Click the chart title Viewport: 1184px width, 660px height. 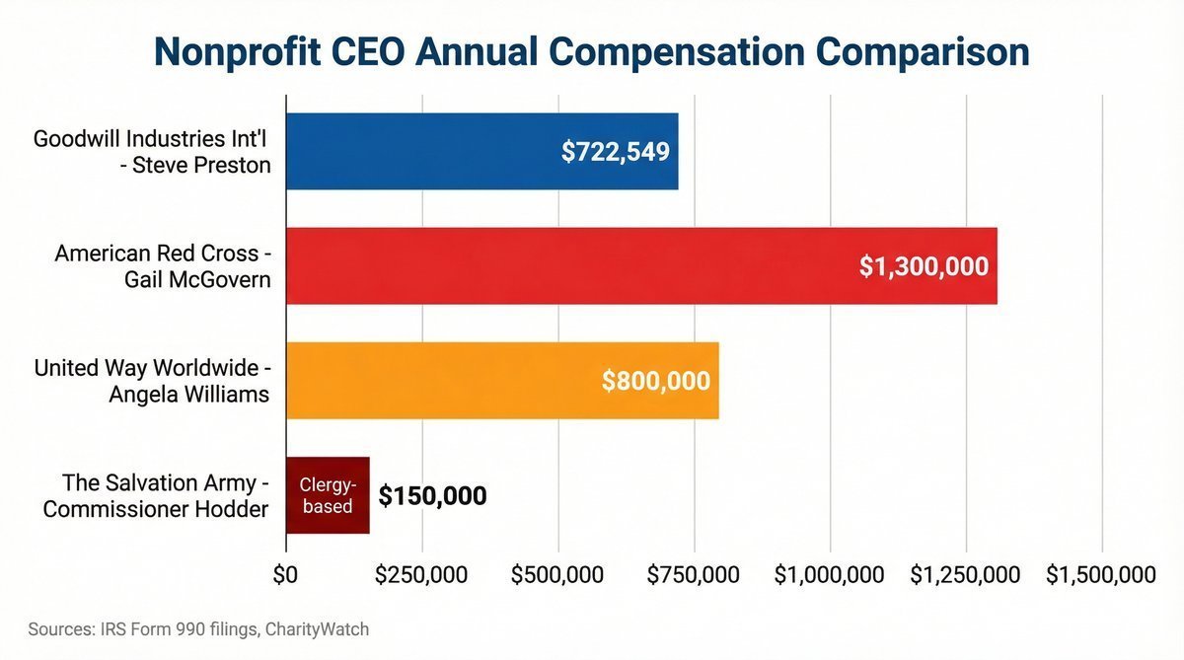pos(591,51)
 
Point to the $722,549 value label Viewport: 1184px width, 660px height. pos(616,152)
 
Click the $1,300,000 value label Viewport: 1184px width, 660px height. pos(924,266)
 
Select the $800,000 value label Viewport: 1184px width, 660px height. pos(655,381)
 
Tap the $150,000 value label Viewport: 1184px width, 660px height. pos(432,495)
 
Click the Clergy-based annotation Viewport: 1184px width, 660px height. pos(328,495)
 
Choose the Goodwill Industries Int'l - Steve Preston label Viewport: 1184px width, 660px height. pos(152,152)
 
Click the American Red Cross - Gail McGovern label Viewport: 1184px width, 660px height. pos(163,266)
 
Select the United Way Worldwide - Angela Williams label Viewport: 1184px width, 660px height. pos(152,381)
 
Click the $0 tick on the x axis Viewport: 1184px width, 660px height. pos(285,574)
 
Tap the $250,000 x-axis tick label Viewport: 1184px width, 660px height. pos(421,574)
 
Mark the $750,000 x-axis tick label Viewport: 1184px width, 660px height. pos(694,574)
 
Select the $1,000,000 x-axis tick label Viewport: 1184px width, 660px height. pos(830,574)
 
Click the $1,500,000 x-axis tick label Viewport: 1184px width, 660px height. pos(1100,574)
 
